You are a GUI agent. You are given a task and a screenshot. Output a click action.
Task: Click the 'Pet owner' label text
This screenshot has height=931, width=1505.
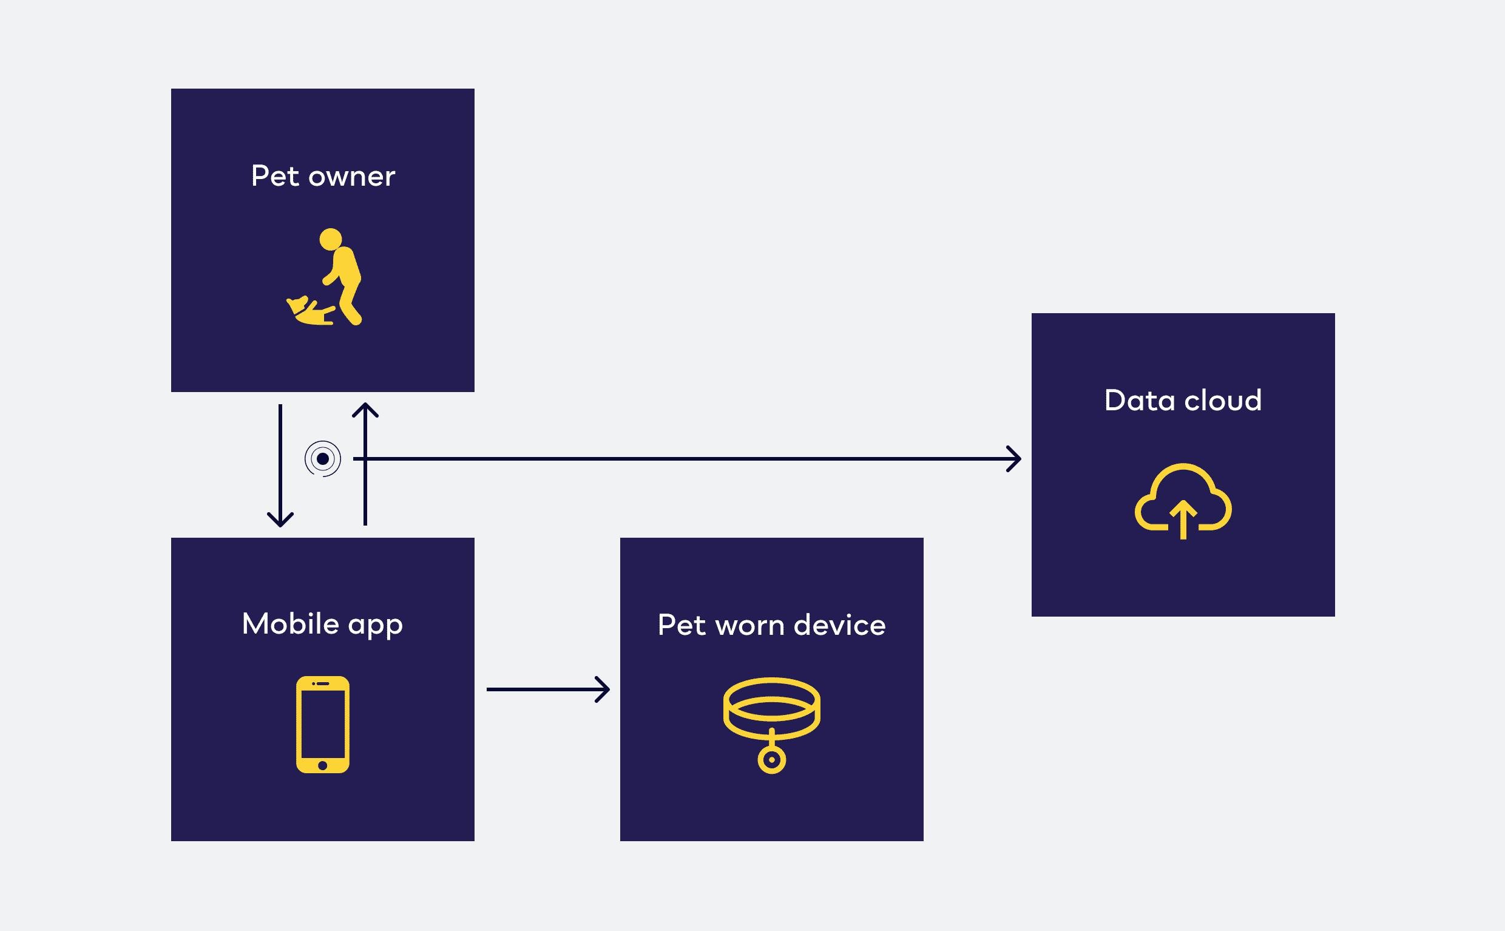(323, 177)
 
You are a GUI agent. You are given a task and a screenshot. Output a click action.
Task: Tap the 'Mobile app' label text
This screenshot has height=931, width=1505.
(323, 625)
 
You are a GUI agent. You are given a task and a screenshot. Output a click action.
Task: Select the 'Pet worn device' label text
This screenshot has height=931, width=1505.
(771, 626)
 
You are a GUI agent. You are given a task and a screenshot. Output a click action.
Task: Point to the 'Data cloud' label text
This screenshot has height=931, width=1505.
(1182, 401)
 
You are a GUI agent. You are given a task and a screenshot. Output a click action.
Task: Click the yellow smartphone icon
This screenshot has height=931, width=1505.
(323, 724)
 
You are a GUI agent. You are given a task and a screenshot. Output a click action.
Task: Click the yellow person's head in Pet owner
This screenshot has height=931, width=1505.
(331, 239)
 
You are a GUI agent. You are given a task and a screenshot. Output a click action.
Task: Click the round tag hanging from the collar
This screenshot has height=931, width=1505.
(771, 759)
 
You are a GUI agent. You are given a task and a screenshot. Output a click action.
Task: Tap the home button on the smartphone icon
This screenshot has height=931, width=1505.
(323, 765)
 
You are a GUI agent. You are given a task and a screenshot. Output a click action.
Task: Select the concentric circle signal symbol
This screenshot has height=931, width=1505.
(323, 459)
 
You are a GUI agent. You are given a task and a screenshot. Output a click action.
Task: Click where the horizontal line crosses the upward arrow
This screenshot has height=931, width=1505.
(365, 459)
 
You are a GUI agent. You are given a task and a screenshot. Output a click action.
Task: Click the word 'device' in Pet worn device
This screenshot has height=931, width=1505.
(840, 626)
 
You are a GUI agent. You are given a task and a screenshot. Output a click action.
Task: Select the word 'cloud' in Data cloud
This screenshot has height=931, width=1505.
(1222, 401)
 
